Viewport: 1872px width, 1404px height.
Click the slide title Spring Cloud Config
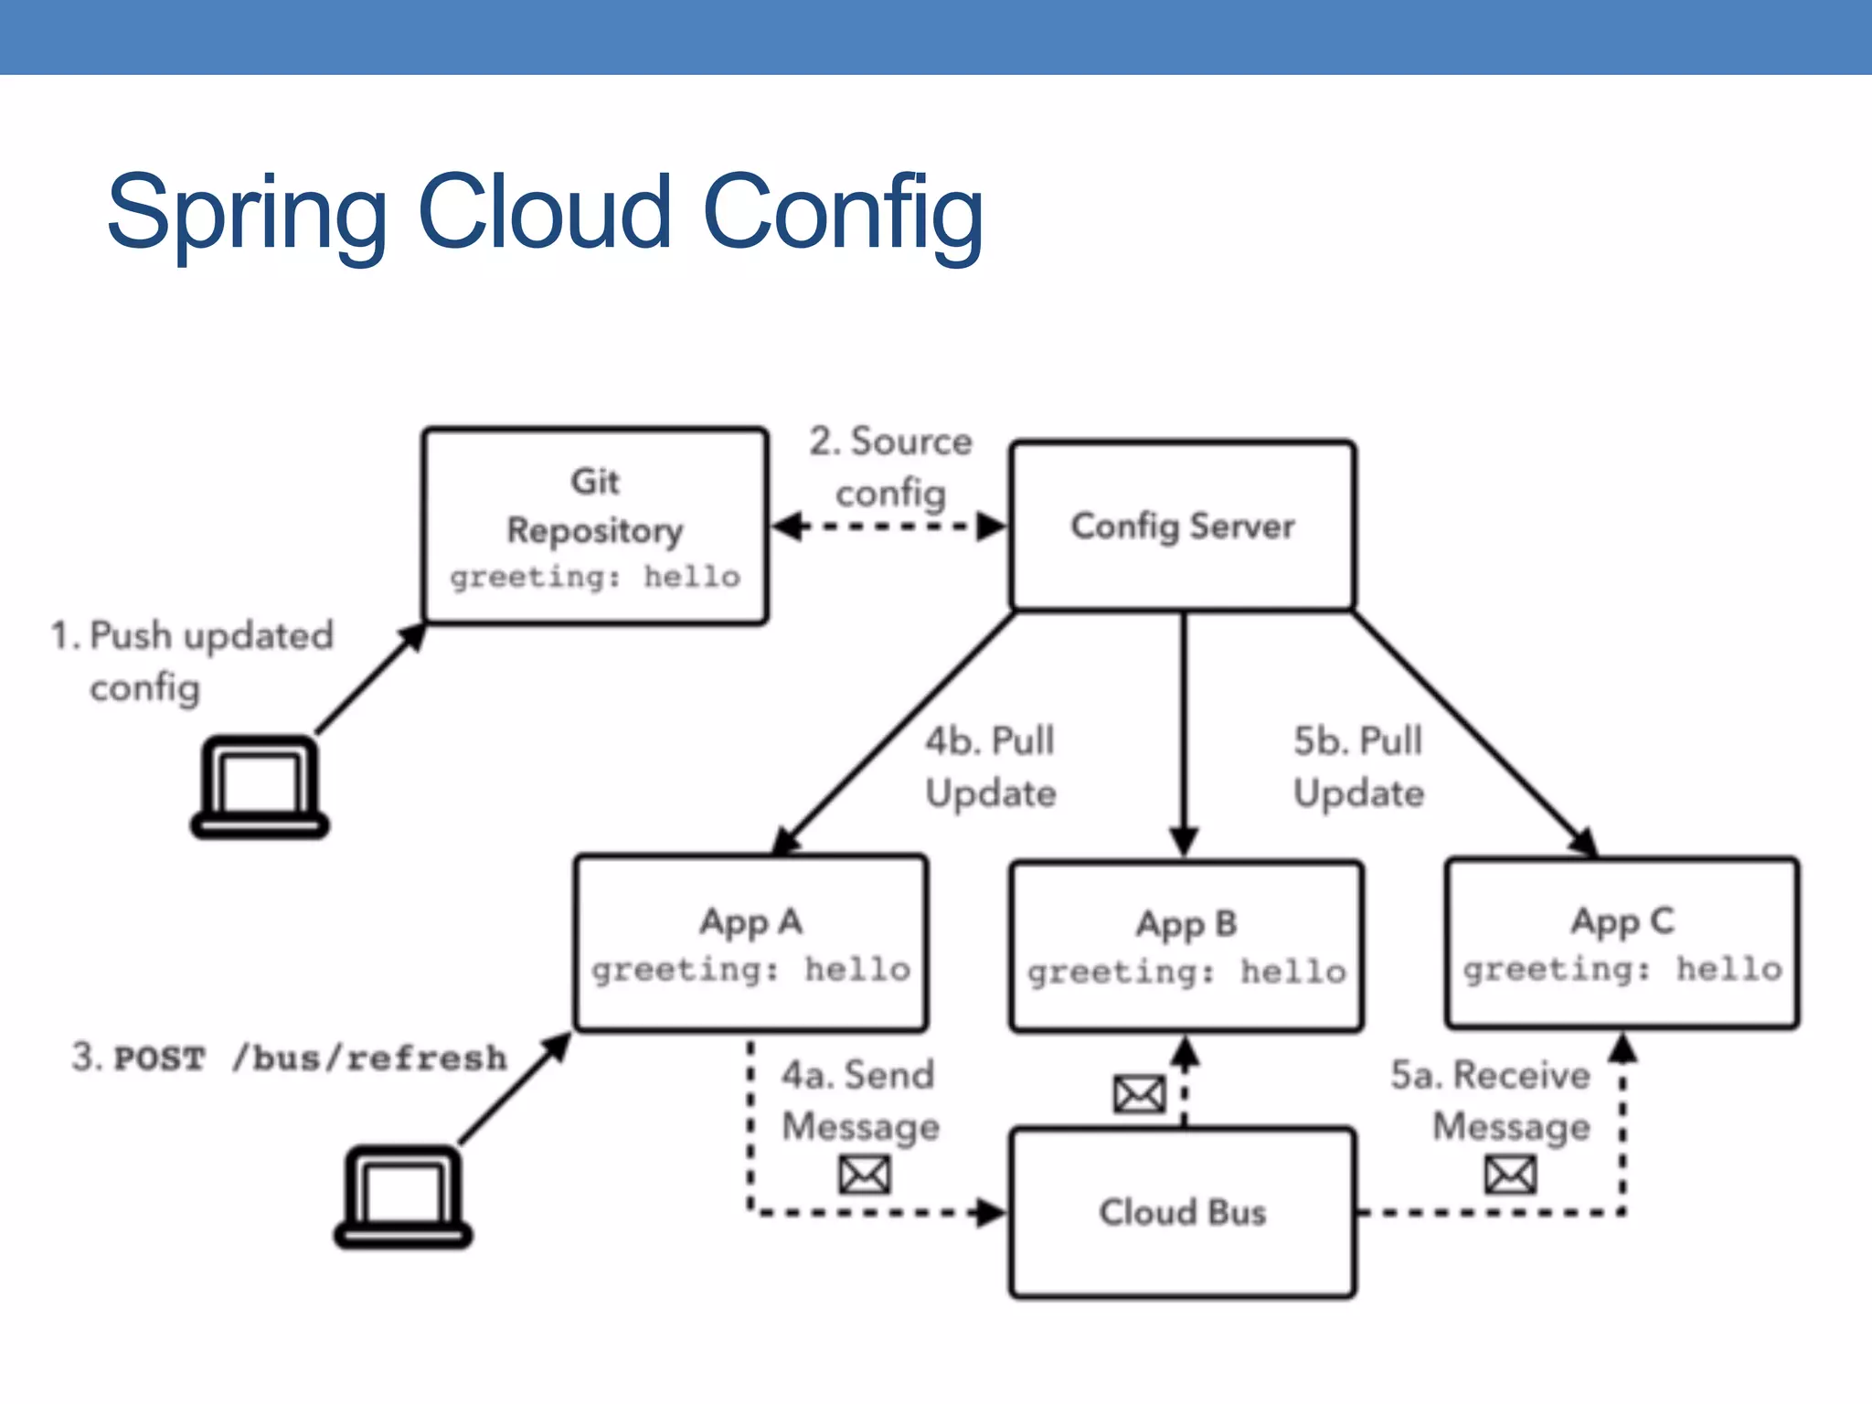pos(545,212)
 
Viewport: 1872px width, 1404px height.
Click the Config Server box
pos(1183,526)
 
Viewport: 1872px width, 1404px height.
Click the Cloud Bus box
pos(1183,1212)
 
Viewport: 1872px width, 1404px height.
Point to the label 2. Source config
pos(890,466)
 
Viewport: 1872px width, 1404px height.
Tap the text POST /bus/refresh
pos(309,1058)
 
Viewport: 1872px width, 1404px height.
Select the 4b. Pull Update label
pos(990,766)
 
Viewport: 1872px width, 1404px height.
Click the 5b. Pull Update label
pos(1358,766)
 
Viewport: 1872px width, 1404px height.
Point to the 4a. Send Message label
pos(859,1100)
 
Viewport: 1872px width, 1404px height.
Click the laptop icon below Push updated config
pos(260,788)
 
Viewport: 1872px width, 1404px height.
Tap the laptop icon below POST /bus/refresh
pos(403,1197)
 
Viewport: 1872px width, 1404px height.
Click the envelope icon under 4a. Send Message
pos(864,1175)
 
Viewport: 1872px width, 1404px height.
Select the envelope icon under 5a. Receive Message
pos(1510,1175)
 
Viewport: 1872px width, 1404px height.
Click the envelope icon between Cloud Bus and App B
pos(1139,1094)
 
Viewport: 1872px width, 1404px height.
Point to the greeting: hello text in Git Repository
pos(595,578)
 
